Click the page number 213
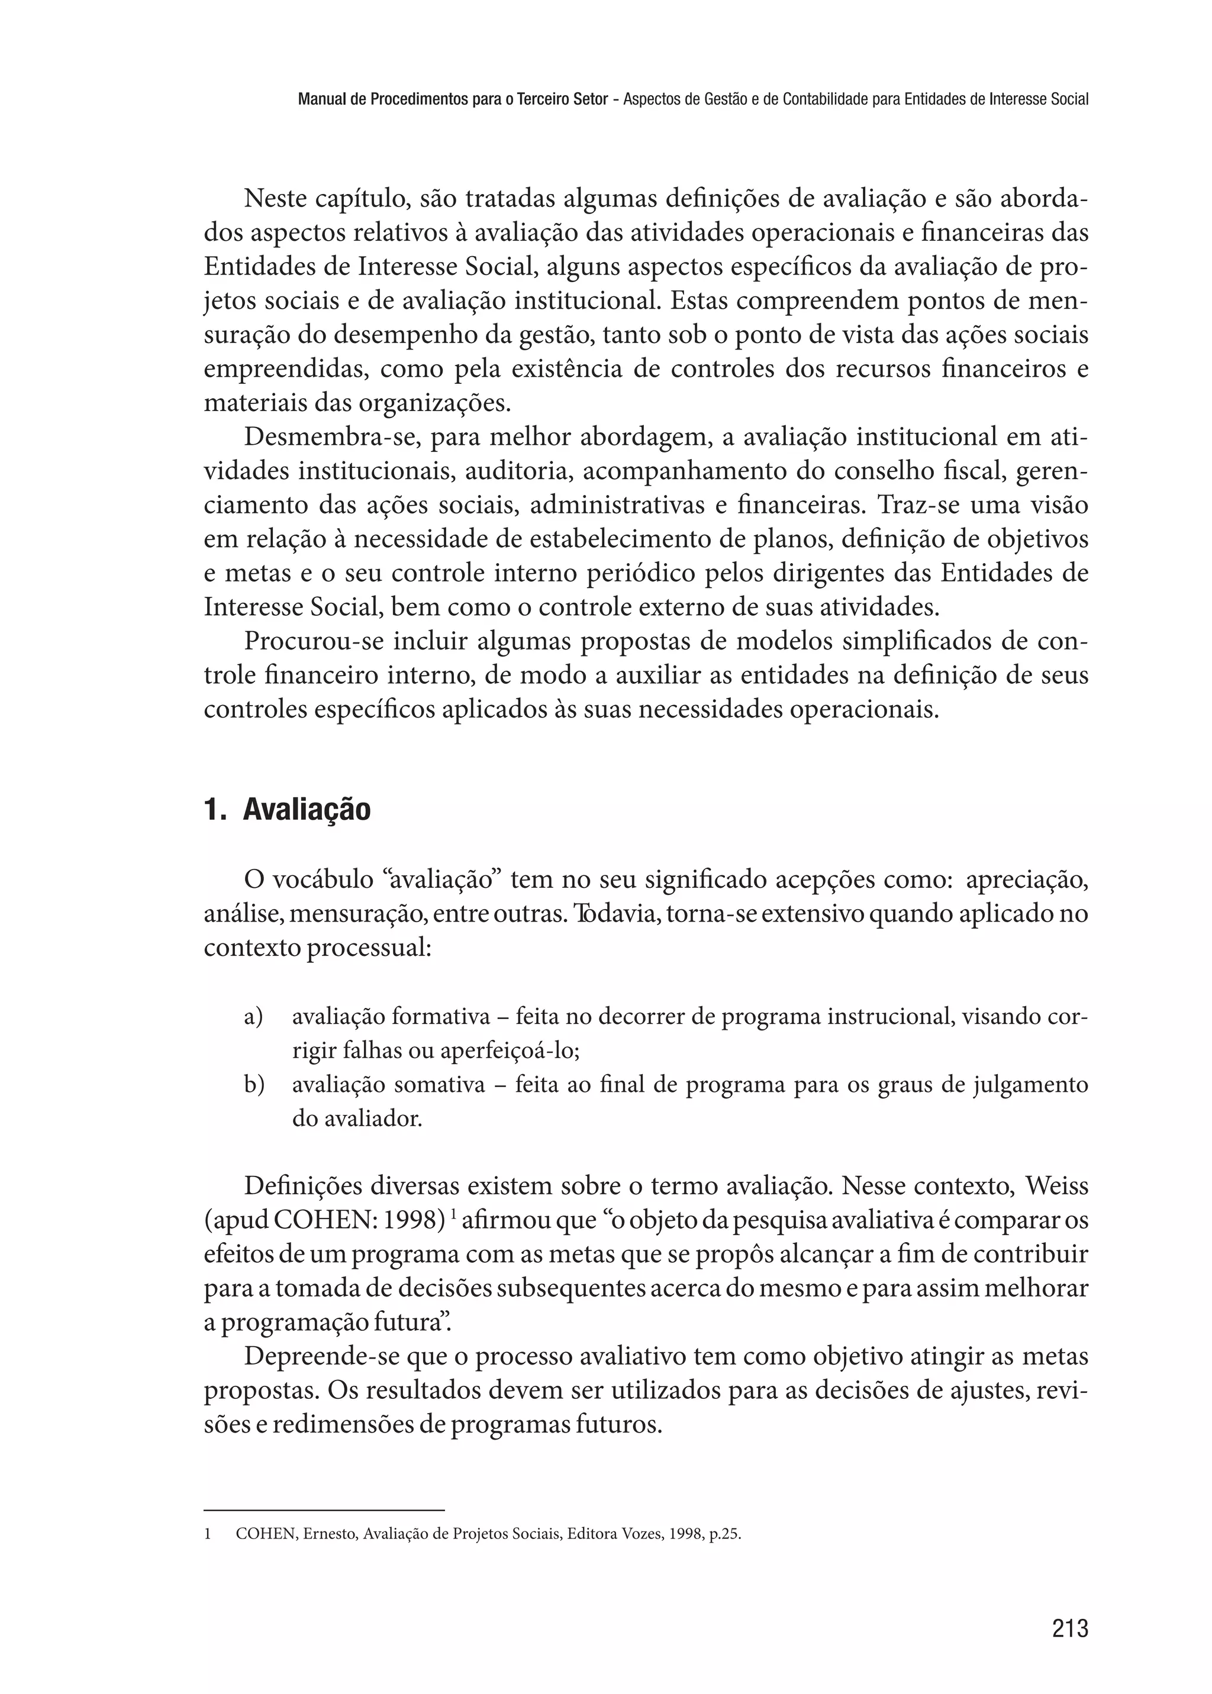click(1069, 1628)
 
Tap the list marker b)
click(254, 1085)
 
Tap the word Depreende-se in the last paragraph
click(323, 1356)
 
